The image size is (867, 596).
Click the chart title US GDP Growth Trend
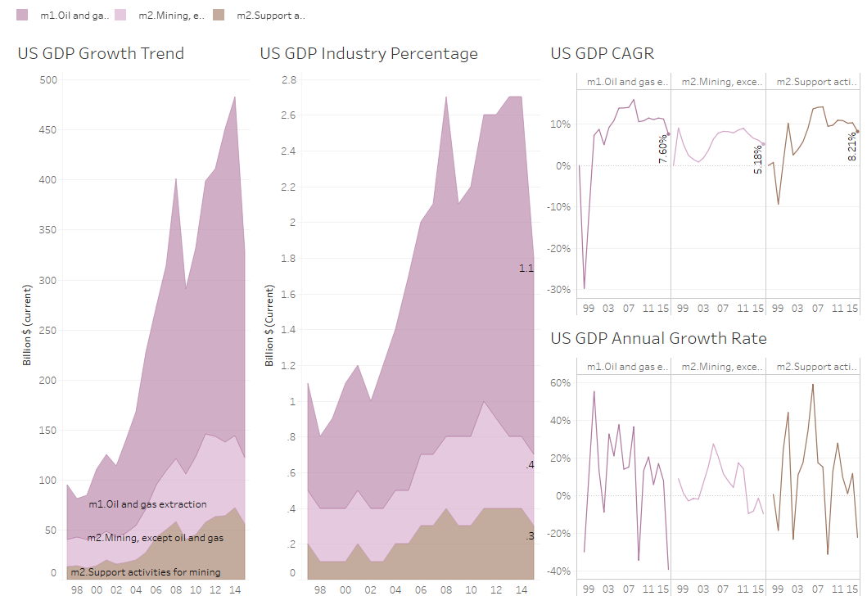click(101, 54)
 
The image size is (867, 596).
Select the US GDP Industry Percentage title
click(368, 54)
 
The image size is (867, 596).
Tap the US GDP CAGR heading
click(602, 54)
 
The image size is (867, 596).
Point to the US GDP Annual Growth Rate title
click(658, 338)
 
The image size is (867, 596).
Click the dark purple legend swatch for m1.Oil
click(22, 15)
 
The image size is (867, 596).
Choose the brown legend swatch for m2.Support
click(219, 15)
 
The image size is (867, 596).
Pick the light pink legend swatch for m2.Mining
click(120, 15)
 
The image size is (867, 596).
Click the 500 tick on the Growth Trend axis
click(48, 79)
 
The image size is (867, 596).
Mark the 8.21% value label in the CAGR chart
click(852, 148)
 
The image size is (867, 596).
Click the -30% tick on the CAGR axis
click(559, 289)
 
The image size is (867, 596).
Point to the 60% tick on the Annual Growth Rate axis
click(560, 382)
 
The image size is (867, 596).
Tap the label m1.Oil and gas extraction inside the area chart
click(147, 504)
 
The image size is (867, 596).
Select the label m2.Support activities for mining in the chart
click(151, 571)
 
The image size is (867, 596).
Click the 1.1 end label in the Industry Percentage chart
click(526, 268)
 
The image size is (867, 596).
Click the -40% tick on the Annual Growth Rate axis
click(559, 571)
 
